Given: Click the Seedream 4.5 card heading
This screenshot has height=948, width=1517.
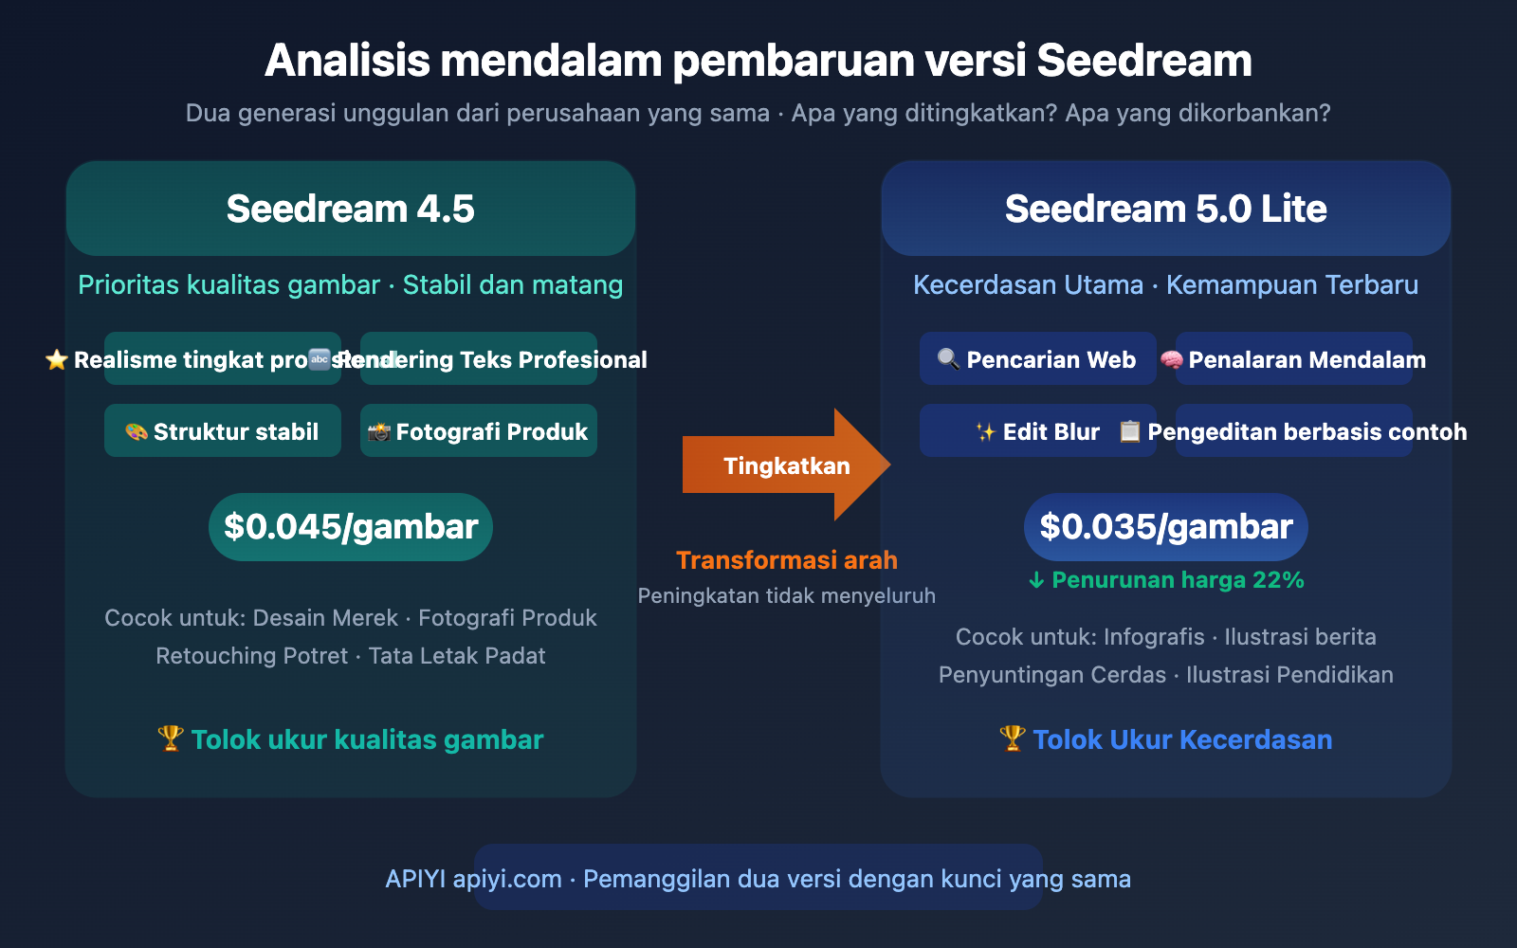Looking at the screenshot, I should click(x=351, y=209).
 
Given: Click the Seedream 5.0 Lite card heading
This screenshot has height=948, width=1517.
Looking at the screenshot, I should click(x=1166, y=209).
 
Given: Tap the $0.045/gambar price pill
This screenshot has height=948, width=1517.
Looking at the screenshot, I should click(x=351, y=527).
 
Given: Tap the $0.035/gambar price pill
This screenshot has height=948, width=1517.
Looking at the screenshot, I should click(x=1166, y=527).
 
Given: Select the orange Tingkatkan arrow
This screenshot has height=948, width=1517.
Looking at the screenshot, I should click(x=786, y=465).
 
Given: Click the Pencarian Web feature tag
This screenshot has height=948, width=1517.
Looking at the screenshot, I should click(x=1038, y=359).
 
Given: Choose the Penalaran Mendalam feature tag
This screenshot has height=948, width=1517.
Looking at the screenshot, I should click(x=1294, y=359).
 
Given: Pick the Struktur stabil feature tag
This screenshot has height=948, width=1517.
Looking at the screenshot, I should click(x=223, y=431).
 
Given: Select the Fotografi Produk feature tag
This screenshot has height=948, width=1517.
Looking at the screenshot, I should click(x=479, y=431).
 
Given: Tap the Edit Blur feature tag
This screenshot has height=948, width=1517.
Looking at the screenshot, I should click(x=1038, y=431).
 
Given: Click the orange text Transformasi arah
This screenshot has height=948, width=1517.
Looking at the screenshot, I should click(x=787, y=560).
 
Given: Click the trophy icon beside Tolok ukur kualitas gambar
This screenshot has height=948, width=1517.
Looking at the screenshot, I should click(x=171, y=738).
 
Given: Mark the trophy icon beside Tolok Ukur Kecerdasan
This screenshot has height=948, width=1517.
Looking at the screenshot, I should click(x=1013, y=738).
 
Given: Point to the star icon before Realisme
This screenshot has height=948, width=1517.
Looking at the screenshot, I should click(x=57, y=359).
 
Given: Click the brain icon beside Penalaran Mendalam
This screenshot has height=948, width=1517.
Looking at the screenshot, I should click(x=1172, y=360).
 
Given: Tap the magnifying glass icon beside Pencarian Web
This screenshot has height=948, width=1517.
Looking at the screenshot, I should click(x=948, y=359).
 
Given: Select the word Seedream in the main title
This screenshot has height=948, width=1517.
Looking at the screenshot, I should click(x=1144, y=61).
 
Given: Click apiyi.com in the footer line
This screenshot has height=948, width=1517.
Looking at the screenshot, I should click(x=507, y=879).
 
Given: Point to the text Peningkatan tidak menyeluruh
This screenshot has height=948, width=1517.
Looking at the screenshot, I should click(x=787, y=596).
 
